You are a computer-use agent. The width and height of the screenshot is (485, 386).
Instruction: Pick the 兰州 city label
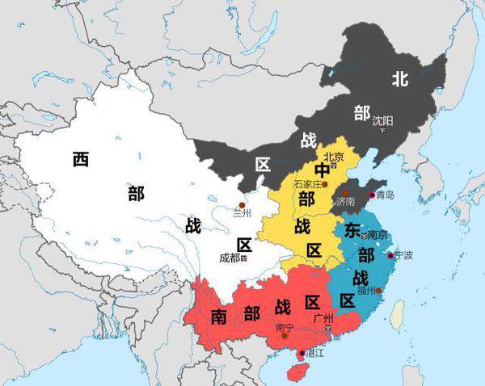pyautogui.click(x=242, y=214)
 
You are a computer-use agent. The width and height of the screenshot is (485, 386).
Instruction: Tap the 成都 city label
pyautogui.click(x=230, y=258)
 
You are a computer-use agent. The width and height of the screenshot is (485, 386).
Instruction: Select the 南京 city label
pyautogui.click(x=377, y=234)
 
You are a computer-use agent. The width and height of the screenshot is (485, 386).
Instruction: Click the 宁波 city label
pyautogui.click(x=403, y=255)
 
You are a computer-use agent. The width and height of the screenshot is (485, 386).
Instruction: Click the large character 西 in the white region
pyautogui.click(x=80, y=158)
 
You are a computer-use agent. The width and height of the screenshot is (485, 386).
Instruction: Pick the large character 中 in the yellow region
pyautogui.click(x=323, y=170)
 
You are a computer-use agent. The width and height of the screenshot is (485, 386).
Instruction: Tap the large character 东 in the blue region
pyautogui.click(x=352, y=229)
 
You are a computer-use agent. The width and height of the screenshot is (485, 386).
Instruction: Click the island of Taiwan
pyautogui.click(x=396, y=315)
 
